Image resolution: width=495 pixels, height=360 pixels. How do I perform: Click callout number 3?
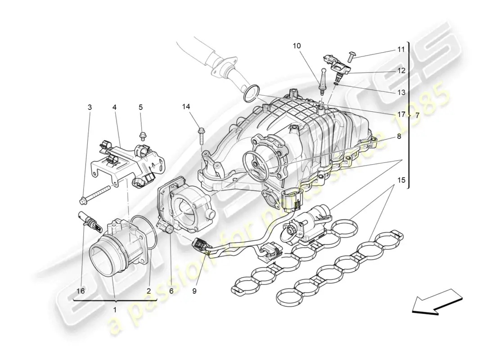[x=90, y=108]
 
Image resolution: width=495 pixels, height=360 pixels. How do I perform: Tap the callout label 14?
[x=186, y=107]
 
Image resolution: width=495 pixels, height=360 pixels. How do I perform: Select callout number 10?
[x=297, y=46]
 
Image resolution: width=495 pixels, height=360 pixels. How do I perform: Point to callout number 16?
[x=81, y=291]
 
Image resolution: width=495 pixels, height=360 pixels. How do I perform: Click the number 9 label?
[x=194, y=291]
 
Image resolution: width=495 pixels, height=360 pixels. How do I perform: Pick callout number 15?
[x=401, y=180]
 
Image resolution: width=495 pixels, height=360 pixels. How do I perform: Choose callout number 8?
[x=399, y=136]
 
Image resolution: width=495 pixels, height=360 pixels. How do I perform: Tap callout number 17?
[x=401, y=114]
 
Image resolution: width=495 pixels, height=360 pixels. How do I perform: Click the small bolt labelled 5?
[x=142, y=136]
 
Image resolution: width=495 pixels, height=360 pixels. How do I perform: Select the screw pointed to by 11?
[x=352, y=57]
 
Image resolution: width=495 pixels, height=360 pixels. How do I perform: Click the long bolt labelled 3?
[x=94, y=195]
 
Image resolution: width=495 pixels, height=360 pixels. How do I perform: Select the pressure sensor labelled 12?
[x=337, y=67]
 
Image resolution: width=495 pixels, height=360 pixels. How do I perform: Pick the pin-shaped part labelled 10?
[x=323, y=81]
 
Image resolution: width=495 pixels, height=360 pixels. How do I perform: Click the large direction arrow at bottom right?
[x=437, y=301]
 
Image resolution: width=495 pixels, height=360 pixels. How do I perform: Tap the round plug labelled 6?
[x=170, y=229]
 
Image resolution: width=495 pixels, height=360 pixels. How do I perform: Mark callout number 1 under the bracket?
[x=115, y=310]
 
